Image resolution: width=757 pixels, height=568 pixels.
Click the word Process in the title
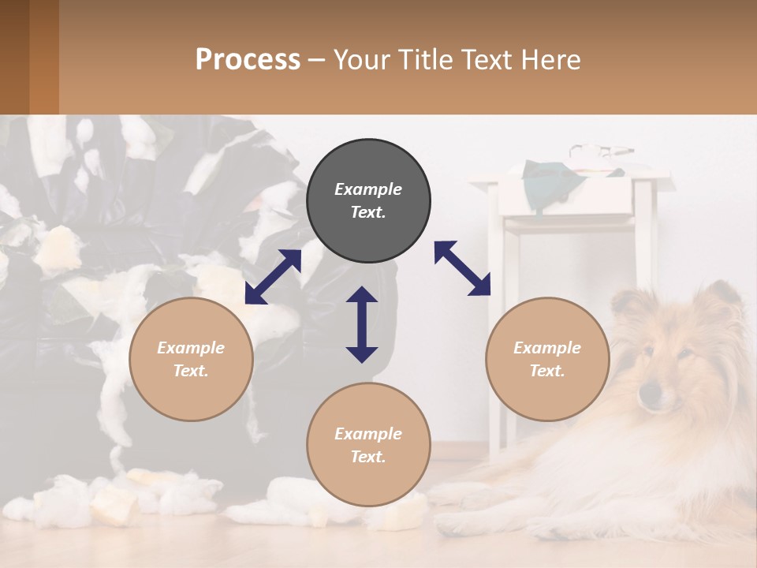point(248,60)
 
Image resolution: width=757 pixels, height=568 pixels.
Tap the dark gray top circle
point(368,200)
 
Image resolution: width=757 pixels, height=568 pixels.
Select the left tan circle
point(191,359)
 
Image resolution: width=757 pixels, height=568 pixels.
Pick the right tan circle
point(547,359)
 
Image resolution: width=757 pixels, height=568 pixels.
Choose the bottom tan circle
point(368,444)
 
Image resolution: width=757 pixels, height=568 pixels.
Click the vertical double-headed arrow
point(362,324)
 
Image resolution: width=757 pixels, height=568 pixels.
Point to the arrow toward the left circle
point(273,277)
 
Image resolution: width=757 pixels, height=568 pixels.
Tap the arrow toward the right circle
point(462,268)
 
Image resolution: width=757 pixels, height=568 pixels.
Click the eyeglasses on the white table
point(601,150)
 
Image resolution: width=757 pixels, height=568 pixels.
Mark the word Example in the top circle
point(368,189)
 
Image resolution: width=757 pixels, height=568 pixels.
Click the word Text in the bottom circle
point(368,457)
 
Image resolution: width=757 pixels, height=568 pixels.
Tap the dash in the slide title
point(317,60)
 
